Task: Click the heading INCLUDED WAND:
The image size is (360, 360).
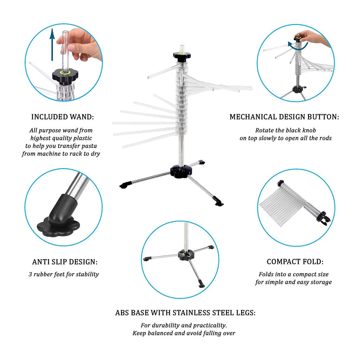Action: click(x=63, y=117)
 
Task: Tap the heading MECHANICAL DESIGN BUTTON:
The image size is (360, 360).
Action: click(x=284, y=117)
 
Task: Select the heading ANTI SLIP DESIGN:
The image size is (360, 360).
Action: click(x=65, y=262)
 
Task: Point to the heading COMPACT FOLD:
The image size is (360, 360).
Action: click(x=295, y=262)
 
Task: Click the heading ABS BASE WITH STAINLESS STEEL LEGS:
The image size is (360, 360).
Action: click(x=185, y=313)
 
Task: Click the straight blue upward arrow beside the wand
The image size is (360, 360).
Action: click(x=52, y=45)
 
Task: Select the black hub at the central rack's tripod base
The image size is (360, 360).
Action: click(x=181, y=171)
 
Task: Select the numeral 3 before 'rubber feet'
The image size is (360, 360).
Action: click(x=30, y=274)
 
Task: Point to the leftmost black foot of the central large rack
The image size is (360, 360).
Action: click(x=126, y=185)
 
